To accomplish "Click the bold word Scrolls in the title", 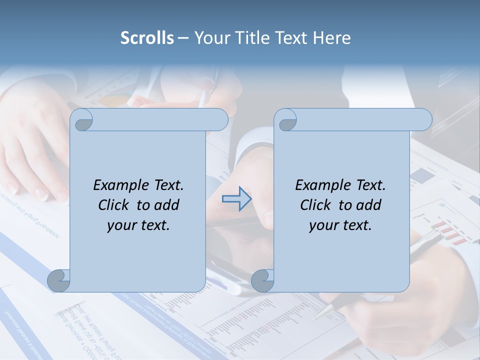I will (x=147, y=38).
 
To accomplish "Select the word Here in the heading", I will (x=331, y=38).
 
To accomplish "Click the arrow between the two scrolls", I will (x=237, y=199).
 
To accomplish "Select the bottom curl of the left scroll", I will (x=59, y=280).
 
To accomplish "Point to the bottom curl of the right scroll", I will (x=262, y=280).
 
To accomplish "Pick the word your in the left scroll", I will (x=121, y=225).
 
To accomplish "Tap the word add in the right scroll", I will (x=368, y=205).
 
